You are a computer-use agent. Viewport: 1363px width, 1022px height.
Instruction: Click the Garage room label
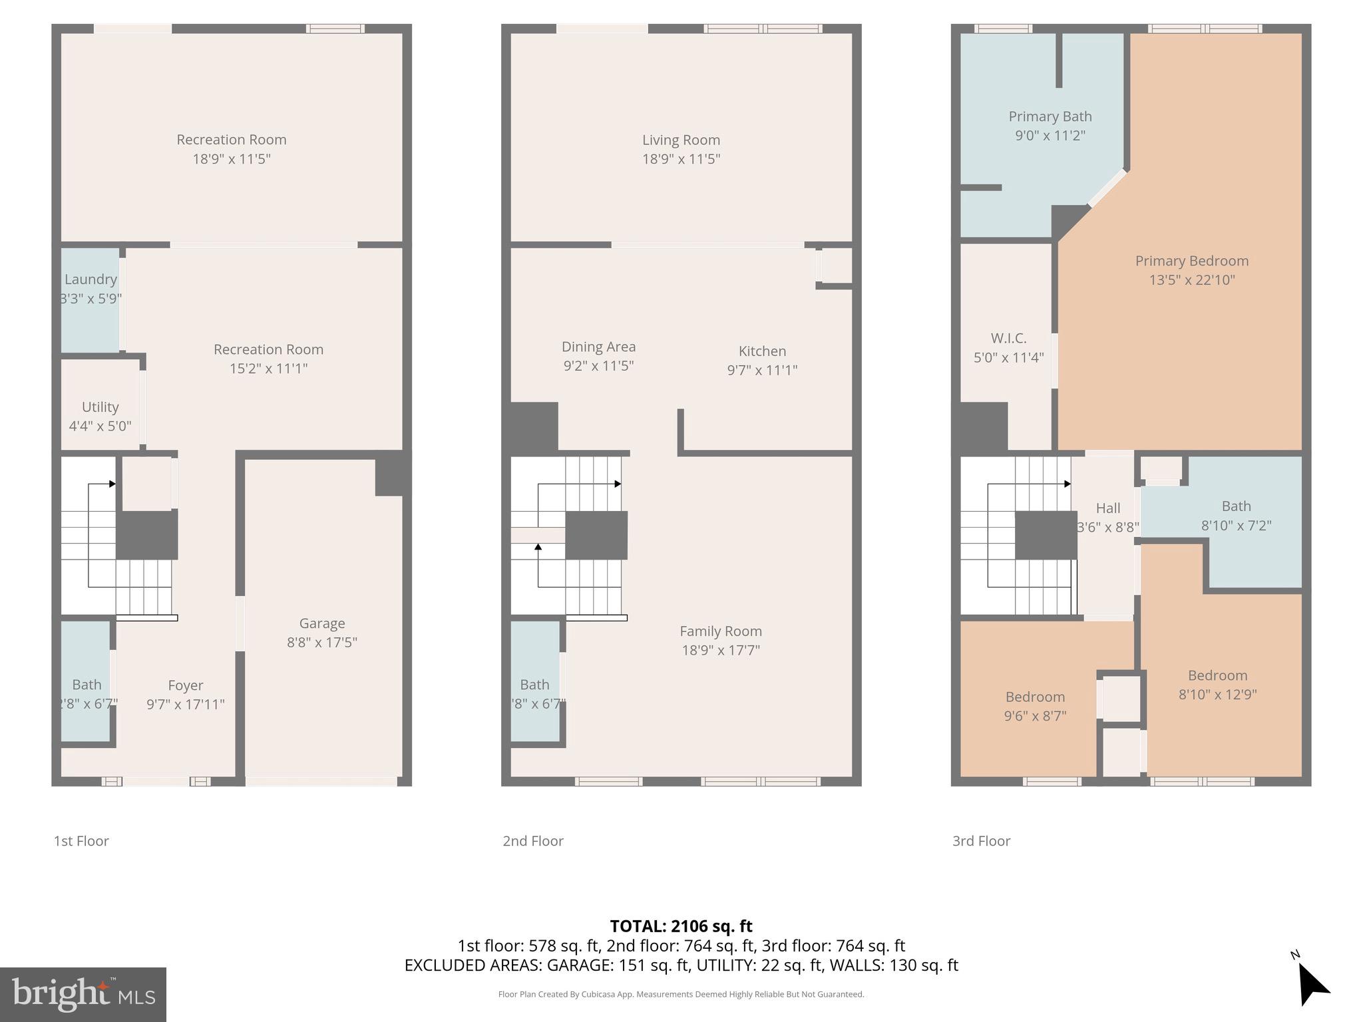pyautogui.click(x=322, y=623)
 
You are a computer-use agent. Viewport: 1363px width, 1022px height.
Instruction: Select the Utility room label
pyautogui.click(x=100, y=407)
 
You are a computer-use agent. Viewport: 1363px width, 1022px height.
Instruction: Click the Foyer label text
pyautogui.click(x=186, y=685)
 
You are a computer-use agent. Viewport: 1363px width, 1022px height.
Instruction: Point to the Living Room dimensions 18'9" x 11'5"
pyautogui.click(x=681, y=159)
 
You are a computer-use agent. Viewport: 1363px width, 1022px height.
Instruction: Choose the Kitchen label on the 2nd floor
pyautogui.click(x=762, y=351)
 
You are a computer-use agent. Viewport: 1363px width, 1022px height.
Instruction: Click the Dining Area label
pyautogui.click(x=598, y=347)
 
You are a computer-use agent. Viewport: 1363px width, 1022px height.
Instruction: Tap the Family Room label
pyautogui.click(x=721, y=631)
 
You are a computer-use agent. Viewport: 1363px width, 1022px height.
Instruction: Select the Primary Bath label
pyautogui.click(x=1050, y=116)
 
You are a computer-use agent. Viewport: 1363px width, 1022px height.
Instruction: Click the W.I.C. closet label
pyautogui.click(x=1008, y=339)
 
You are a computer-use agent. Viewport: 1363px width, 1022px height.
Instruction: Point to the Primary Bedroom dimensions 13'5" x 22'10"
pyautogui.click(x=1191, y=280)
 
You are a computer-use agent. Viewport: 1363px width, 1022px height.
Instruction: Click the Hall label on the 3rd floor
pyautogui.click(x=1107, y=508)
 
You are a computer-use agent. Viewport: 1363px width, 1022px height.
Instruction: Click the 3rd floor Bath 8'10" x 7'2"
pyautogui.click(x=1236, y=516)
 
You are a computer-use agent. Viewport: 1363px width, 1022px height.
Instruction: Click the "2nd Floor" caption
pyautogui.click(x=533, y=841)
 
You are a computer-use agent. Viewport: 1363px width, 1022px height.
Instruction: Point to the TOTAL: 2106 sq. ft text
pyautogui.click(x=681, y=926)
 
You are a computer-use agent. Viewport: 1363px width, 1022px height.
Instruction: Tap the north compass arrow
pyautogui.click(x=1312, y=985)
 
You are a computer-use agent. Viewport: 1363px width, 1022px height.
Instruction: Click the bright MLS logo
pyautogui.click(x=83, y=994)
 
